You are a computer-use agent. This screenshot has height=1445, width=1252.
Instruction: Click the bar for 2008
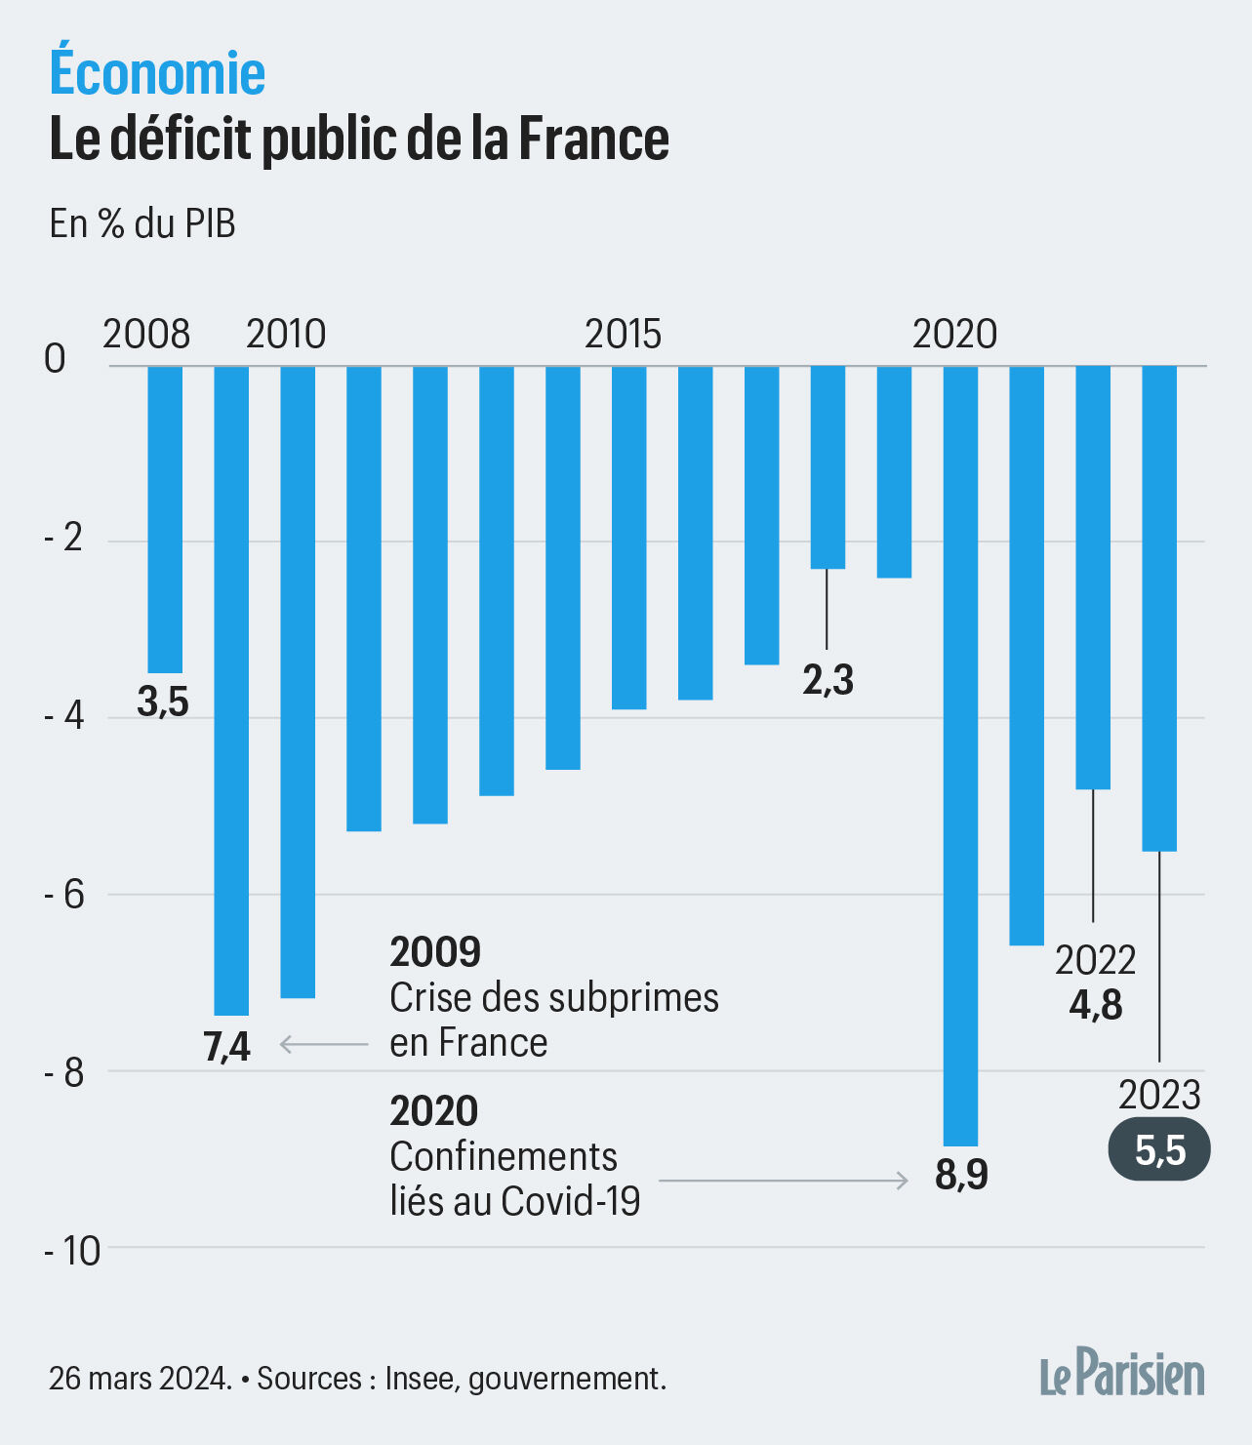pos(165,519)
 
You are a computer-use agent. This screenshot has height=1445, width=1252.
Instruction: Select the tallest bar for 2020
pos(960,756)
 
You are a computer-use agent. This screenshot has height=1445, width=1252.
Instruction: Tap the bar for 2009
pos(231,691)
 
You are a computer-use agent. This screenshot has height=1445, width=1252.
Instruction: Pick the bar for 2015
pos(628,538)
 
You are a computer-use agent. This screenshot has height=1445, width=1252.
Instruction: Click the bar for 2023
pos(1159,609)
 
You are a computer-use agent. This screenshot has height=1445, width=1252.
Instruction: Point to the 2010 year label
pos(285,335)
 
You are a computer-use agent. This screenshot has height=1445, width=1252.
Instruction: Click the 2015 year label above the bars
pos(623,335)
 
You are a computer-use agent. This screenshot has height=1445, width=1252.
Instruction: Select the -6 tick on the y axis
pos(65,895)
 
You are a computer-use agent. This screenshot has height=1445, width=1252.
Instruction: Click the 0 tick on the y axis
pos(56,359)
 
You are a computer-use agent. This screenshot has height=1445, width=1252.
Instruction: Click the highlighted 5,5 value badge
pos(1159,1151)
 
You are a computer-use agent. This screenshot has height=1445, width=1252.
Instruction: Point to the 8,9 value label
pos(961,1175)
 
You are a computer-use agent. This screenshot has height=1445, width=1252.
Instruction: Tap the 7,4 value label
pos(226,1047)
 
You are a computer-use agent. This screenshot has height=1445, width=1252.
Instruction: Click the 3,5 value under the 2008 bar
pos(163,702)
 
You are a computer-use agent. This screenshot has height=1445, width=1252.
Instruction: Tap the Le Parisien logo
pos(1121,1375)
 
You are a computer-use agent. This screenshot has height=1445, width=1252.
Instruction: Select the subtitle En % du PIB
pos(142,223)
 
